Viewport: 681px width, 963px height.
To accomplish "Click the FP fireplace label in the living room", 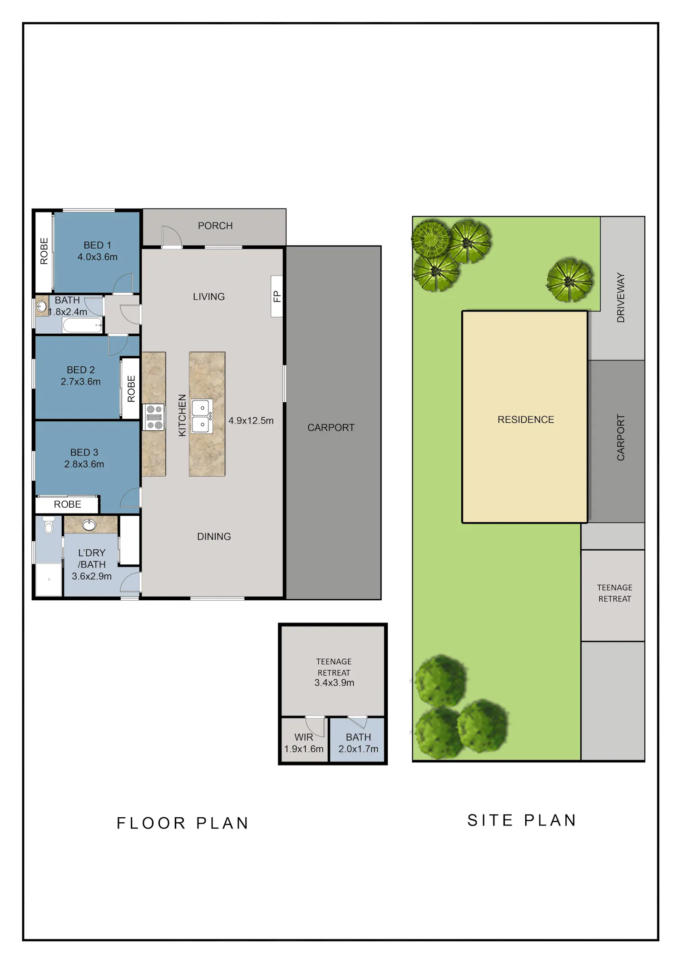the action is pos(277,296).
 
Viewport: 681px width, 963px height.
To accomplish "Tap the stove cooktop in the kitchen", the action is pos(154,417).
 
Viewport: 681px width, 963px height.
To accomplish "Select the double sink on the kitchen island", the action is pos(201,416).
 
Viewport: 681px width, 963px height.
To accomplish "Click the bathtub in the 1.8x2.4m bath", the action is pos(82,325).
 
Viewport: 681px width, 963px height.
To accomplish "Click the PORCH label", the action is pos(215,226).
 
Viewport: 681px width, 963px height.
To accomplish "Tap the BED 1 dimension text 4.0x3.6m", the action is pos(98,257).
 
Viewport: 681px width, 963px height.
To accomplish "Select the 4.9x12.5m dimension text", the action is pos(251,420).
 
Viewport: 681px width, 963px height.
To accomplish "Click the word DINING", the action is pos(214,537).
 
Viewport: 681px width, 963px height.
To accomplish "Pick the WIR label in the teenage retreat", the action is pos(304,737).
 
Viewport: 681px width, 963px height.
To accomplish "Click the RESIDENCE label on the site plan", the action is pos(526,420).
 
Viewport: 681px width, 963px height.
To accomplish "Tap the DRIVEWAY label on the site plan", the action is pos(621,297).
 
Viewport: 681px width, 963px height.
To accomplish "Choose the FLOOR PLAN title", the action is pos(183,823).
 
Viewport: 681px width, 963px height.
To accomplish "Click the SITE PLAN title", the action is pos(522,820).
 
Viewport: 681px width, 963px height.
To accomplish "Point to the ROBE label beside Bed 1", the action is pos(44,251).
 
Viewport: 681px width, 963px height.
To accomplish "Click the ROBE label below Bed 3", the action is pos(68,504).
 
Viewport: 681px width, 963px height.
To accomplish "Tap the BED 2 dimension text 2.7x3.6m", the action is pos(81,382).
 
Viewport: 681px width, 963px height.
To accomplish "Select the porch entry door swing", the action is pos(172,236).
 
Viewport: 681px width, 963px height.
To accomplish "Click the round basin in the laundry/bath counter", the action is pos(89,525).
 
